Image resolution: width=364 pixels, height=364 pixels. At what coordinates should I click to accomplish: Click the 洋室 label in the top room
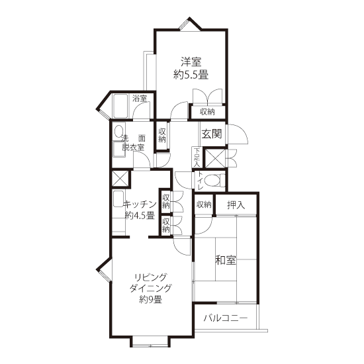click(191, 62)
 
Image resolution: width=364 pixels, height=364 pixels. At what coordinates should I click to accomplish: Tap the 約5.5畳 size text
click(191, 75)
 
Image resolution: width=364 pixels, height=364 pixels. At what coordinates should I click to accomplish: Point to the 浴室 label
click(140, 99)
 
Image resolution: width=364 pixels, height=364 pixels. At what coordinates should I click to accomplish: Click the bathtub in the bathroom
click(120, 106)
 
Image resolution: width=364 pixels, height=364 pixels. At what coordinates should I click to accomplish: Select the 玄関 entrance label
click(212, 134)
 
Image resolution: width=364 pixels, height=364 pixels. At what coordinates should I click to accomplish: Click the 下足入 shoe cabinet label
click(197, 157)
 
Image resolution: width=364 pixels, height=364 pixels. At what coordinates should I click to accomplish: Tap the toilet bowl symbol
click(213, 181)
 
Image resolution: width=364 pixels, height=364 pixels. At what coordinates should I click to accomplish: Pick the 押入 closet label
click(236, 205)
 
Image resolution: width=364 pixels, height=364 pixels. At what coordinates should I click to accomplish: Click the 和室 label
click(226, 260)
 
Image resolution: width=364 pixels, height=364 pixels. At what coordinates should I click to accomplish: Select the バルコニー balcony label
click(225, 318)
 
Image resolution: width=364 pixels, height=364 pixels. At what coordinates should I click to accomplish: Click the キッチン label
click(140, 205)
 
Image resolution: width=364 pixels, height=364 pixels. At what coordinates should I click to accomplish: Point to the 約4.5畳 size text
click(140, 216)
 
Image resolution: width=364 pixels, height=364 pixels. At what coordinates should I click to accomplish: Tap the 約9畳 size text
click(150, 299)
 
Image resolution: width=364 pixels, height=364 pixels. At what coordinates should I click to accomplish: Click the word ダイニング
click(150, 288)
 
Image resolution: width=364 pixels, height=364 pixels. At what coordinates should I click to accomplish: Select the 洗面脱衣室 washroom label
click(133, 143)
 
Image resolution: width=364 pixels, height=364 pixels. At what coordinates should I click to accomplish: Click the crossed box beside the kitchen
click(120, 179)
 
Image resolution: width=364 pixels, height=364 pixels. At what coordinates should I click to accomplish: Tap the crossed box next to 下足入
click(215, 158)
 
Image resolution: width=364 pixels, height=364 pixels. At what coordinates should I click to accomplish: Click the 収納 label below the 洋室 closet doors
click(207, 112)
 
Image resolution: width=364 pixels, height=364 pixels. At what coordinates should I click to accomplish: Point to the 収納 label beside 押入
click(204, 205)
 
